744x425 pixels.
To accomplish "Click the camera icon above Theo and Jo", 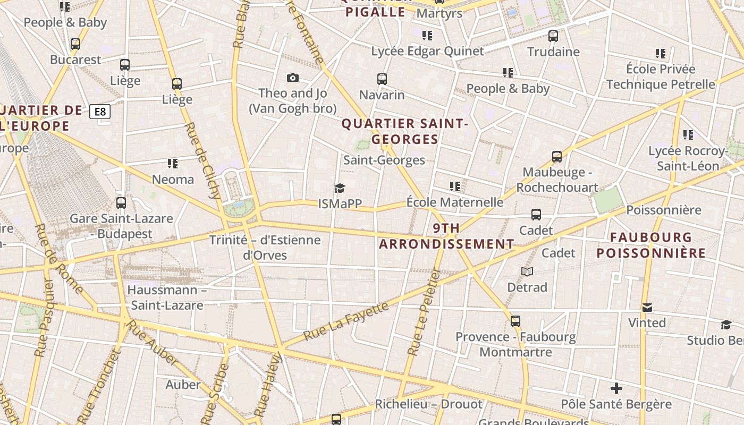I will coord(292,78).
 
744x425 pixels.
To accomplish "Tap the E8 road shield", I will coord(100,112).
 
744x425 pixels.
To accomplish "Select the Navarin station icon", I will coord(382,79).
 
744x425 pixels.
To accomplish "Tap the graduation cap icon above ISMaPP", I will coord(340,188).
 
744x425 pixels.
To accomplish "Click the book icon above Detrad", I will coord(527,272).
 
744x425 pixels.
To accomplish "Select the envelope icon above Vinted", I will coord(647,308).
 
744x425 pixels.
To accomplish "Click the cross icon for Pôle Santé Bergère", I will coord(616,388).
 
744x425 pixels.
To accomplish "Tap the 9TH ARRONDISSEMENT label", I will coord(446,236).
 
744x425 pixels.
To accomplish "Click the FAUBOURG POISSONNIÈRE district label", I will coord(651,245).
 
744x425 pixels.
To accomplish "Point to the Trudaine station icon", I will coord(553,36).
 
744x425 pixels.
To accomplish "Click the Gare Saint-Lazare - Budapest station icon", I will coord(121,202).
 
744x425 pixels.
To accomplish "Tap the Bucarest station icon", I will coord(75,44).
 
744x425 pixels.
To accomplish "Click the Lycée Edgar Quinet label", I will coord(427,52).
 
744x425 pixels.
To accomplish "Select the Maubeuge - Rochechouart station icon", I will coord(556,157).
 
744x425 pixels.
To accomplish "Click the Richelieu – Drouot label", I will coord(428,404).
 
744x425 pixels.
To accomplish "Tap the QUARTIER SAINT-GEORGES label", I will coord(405,131).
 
